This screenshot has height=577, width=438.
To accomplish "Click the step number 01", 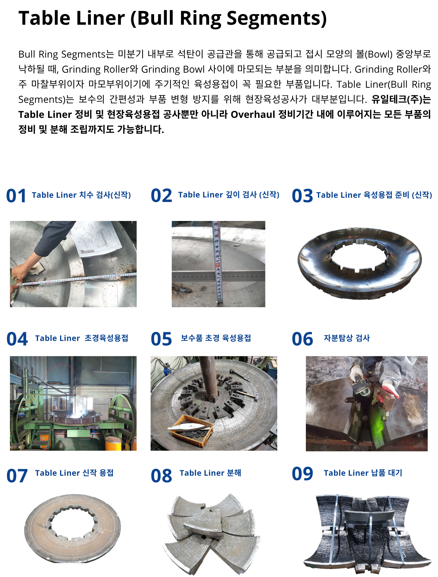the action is coord(16,196).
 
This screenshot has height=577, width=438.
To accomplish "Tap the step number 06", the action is coord(302,339).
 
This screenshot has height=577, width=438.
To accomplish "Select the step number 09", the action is coord(302,474).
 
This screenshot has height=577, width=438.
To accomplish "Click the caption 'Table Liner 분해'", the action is coord(210,473).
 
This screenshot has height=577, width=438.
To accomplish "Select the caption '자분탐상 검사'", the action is coord(347,338).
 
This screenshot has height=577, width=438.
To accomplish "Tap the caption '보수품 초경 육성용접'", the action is coord(216,338).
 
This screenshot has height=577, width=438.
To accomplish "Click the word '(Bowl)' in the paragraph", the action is coord(379,54).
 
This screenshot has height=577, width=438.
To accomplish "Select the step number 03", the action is coord(302,196).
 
